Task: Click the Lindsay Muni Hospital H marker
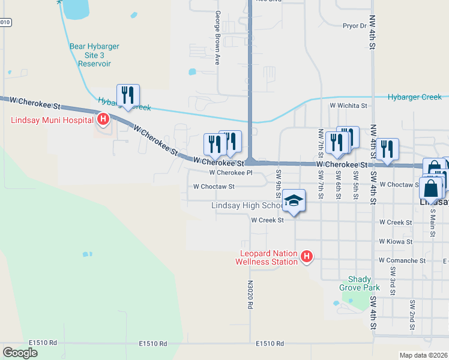[103, 120]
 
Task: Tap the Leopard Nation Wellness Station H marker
[307, 257]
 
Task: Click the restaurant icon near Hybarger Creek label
[128, 95]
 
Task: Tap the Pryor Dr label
[354, 26]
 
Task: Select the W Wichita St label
[348, 105]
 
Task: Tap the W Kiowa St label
[396, 241]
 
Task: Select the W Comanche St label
[402, 260]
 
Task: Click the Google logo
[20, 352]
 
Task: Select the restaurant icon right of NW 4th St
[387, 149]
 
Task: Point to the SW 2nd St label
[413, 315]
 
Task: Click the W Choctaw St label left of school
[213, 187]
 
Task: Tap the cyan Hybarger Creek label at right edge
[415, 97]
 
